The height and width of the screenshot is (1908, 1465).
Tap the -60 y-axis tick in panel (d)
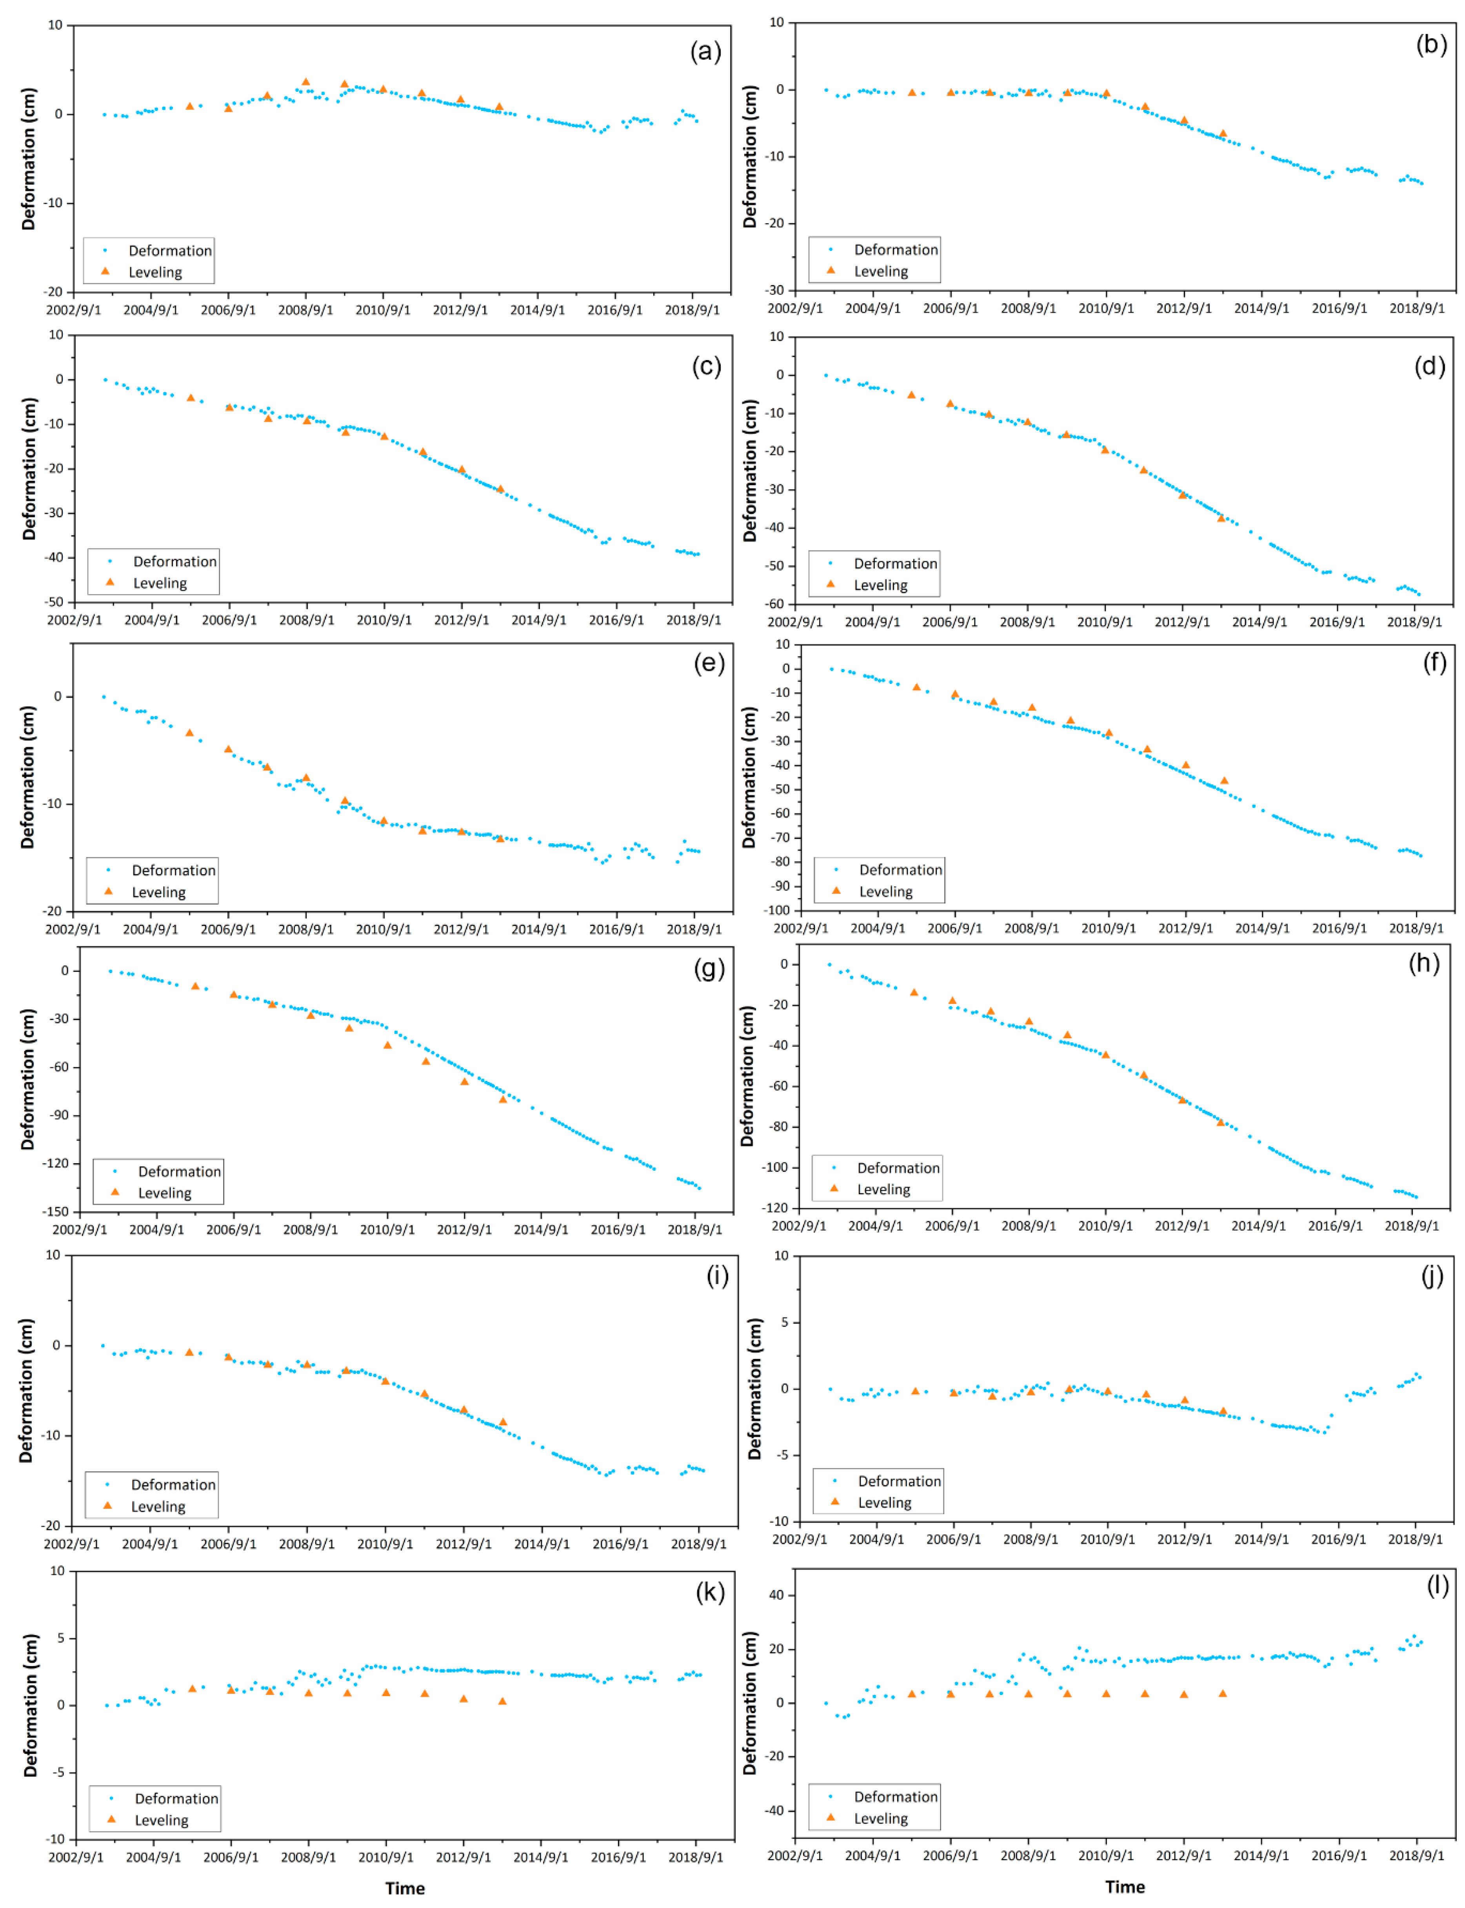point(775,604)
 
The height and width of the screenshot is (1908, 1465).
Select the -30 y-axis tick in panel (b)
point(775,289)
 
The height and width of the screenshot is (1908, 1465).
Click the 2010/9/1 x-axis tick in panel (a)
point(383,309)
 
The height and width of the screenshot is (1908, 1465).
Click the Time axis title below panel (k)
point(405,1888)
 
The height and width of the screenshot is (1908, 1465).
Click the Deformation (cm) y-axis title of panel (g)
point(28,1079)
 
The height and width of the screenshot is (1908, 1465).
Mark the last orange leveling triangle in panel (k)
point(502,1701)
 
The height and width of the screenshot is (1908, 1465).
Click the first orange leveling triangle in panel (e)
point(189,733)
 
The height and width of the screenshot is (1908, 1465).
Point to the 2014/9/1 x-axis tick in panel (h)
point(1258,1225)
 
